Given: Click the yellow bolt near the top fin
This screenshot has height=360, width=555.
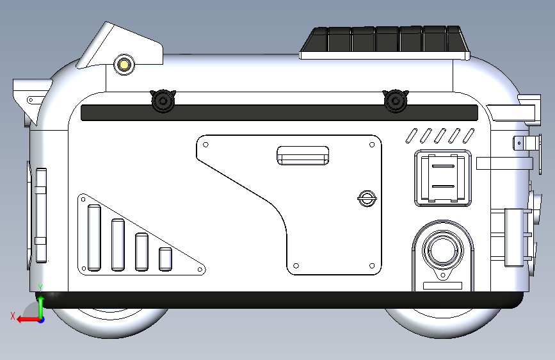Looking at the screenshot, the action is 124,65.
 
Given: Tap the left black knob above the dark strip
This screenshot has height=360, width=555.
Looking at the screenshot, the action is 163,101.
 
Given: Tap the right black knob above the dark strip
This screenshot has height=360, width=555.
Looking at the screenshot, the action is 396,101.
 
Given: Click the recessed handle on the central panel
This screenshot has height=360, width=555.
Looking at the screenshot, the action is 303,155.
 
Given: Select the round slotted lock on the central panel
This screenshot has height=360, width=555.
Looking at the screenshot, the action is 367,199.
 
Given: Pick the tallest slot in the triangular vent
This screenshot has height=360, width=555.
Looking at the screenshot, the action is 94,238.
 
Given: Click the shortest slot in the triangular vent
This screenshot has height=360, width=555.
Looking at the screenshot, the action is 165,259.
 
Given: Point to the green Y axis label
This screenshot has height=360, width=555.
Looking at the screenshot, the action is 40,288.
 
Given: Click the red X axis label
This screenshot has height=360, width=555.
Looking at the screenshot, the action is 13,316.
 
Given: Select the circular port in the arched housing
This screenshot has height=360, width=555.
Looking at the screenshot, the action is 442,250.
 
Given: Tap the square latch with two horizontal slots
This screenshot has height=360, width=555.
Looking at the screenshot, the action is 443,178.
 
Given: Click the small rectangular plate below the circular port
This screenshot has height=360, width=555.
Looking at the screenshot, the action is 443,286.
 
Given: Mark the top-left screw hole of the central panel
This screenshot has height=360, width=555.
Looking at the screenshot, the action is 205,145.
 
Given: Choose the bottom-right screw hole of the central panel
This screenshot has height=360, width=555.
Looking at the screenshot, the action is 372,266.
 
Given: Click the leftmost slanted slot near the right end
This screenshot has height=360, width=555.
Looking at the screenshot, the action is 412,136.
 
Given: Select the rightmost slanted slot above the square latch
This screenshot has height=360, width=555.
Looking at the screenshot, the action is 469,136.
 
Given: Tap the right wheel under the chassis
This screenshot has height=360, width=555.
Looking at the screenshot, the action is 443,322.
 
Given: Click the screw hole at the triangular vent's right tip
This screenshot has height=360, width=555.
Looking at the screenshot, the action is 200,270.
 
